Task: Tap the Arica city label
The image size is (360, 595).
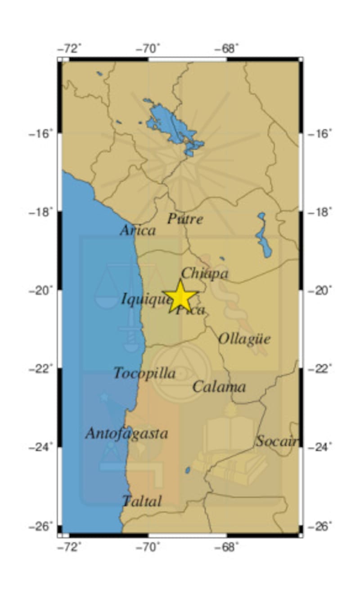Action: coord(138,230)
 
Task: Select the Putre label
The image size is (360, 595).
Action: coord(185,219)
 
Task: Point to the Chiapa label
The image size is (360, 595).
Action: coord(205,273)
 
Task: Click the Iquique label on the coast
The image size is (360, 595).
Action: coord(145,298)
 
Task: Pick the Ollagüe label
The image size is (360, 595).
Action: coord(244,339)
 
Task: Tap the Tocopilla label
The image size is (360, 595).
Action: coord(144,373)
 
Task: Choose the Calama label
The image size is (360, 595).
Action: coord(219,387)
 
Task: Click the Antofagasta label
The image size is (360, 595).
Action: coord(126,433)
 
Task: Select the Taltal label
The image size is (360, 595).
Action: coord(142,501)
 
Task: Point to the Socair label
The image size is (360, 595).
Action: coord(276,442)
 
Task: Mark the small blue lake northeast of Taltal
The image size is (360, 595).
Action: coord(188,470)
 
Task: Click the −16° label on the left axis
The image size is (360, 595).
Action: coord(41,134)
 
